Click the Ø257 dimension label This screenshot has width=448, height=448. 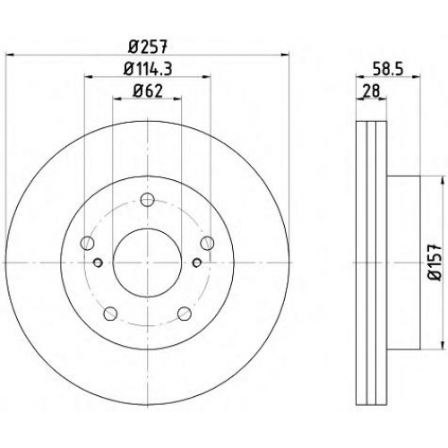pos(148,47)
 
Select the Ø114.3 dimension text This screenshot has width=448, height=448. pos(148,69)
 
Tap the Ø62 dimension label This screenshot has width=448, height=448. pos(148,90)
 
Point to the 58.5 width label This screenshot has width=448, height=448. pos(388,69)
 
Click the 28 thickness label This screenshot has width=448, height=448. pos(370,90)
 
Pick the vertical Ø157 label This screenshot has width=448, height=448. pos(435,263)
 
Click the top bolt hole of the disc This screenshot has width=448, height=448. pos(147,200)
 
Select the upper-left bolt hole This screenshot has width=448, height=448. pos(87,243)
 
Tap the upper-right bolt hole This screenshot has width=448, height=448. pos(207,243)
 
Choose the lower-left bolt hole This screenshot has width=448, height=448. pos(110,314)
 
